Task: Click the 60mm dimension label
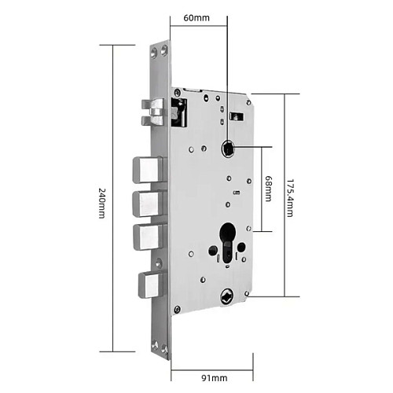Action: [x=196, y=18]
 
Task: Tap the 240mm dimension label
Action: [x=101, y=203]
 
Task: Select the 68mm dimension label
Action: [x=268, y=189]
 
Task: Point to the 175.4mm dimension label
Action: [x=289, y=198]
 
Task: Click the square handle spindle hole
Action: [x=229, y=149]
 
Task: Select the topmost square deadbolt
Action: [x=149, y=170]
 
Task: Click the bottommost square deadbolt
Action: [x=152, y=285]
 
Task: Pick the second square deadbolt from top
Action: [x=149, y=204]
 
